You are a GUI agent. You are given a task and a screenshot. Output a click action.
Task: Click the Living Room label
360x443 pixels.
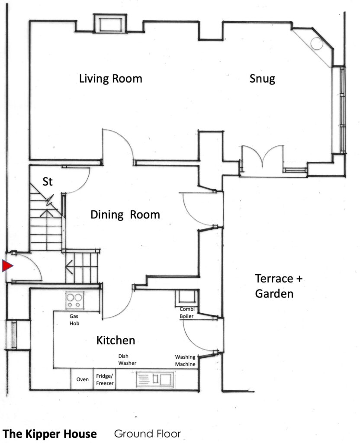pyautogui.click(x=110, y=79)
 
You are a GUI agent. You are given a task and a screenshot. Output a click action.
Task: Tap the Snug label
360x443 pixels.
pyautogui.click(x=262, y=79)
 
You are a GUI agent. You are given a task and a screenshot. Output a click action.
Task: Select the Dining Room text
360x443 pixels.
pyautogui.click(x=125, y=215)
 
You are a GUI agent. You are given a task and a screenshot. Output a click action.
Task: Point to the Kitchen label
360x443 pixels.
pyautogui.click(x=116, y=340)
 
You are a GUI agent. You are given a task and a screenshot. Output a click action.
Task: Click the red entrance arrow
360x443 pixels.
pyautogui.click(x=7, y=266)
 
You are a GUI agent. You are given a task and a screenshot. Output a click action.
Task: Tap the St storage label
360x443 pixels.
pyautogui.click(x=48, y=181)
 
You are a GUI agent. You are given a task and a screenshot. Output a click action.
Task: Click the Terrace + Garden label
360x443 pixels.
pyautogui.click(x=279, y=286)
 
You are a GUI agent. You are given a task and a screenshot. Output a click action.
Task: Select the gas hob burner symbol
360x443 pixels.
pyautogui.click(x=74, y=300)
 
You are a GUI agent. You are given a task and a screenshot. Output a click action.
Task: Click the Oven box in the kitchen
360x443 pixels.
pyautogui.click(x=82, y=379)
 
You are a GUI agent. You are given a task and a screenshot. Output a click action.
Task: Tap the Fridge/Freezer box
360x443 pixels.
pyautogui.click(x=105, y=379)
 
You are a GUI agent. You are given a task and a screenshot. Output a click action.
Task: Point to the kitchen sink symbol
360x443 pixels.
pyautogui.click(x=155, y=379)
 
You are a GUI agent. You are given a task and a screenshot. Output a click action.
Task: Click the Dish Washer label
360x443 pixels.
pyautogui.click(x=127, y=360)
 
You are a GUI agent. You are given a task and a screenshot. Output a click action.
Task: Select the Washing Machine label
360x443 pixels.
pyautogui.click(x=185, y=360)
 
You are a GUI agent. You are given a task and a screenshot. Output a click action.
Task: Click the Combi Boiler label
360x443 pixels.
pyautogui.click(x=187, y=312)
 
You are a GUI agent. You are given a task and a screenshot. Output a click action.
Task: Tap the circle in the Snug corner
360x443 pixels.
pyautogui.click(x=317, y=44)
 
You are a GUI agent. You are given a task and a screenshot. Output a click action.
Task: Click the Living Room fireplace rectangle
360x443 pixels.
pyautogui.click(x=110, y=23)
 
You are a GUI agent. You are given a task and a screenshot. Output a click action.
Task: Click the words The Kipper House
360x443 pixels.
pyautogui.click(x=49, y=433)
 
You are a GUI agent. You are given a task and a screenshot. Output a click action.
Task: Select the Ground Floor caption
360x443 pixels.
pyautogui.click(x=147, y=433)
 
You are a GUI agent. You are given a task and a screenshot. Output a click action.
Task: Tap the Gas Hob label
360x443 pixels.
pyautogui.click(x=74, y=320)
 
